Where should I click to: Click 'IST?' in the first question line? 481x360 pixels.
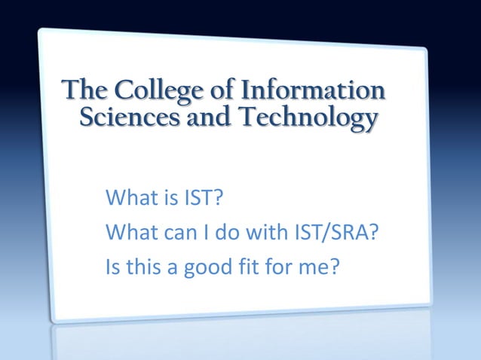(204, 200)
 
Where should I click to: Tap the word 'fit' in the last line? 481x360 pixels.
(246, 266)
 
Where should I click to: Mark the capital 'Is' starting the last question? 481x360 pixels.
(115, 266)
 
